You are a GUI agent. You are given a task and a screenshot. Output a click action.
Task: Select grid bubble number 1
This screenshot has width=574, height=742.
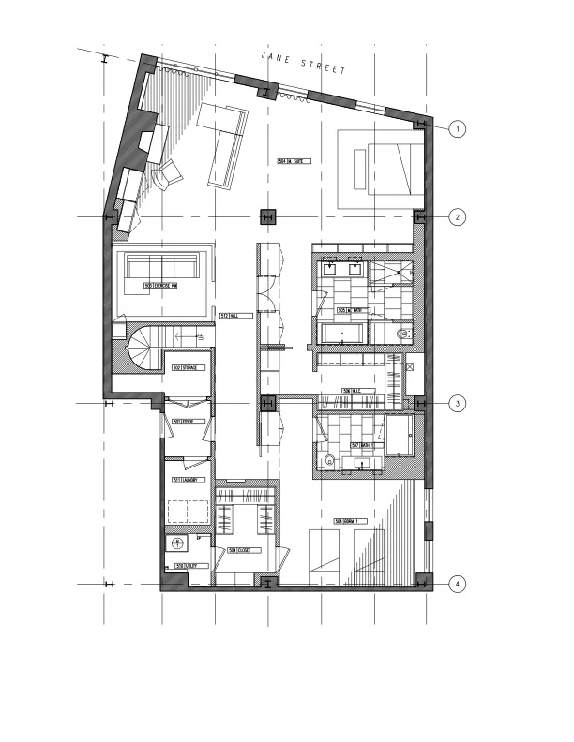point(457,128)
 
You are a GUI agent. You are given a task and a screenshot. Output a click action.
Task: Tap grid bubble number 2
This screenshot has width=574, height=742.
point(457,217)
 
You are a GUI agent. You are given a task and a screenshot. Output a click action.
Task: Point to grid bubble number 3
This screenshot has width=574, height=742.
point(457,403)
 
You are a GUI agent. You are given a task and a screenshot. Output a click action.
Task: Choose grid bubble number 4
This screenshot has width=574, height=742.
point(457,585)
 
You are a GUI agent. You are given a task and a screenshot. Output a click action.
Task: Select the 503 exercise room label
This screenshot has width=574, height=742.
point(161,285)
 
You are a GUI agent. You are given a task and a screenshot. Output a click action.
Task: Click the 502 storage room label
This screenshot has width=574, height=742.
point(182,368)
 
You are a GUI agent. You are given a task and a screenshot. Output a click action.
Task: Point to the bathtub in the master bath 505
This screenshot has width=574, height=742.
point(341,333)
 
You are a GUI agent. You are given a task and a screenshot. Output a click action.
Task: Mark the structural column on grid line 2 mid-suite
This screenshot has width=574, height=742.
point(268,217)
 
